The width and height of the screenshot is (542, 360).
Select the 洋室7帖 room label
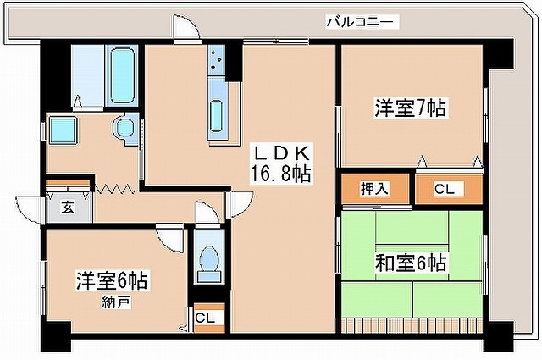tap(411, 108)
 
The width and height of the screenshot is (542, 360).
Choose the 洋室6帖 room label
tap(112, 281)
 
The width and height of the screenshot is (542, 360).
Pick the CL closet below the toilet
tap(204, 317)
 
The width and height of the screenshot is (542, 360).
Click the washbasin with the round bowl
tap(125, 128)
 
